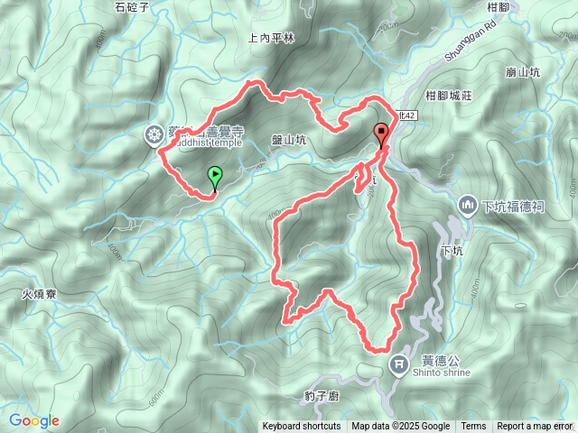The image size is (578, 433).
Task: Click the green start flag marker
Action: pos(215,175)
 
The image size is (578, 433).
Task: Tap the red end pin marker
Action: pos(381,134)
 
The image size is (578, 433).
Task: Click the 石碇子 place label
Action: pos(132,7)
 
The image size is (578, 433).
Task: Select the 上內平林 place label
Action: pos(271,38)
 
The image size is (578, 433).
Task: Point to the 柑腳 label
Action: pos(524,7)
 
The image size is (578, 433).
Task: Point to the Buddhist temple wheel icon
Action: pos(154,135)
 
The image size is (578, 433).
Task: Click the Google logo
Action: pos(33,420)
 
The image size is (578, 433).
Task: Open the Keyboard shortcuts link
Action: pos(302,427)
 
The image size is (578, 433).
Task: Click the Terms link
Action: pos(473,427)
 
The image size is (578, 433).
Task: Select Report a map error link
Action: pos(535,427)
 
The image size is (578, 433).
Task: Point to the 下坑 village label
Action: pos(452,250)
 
